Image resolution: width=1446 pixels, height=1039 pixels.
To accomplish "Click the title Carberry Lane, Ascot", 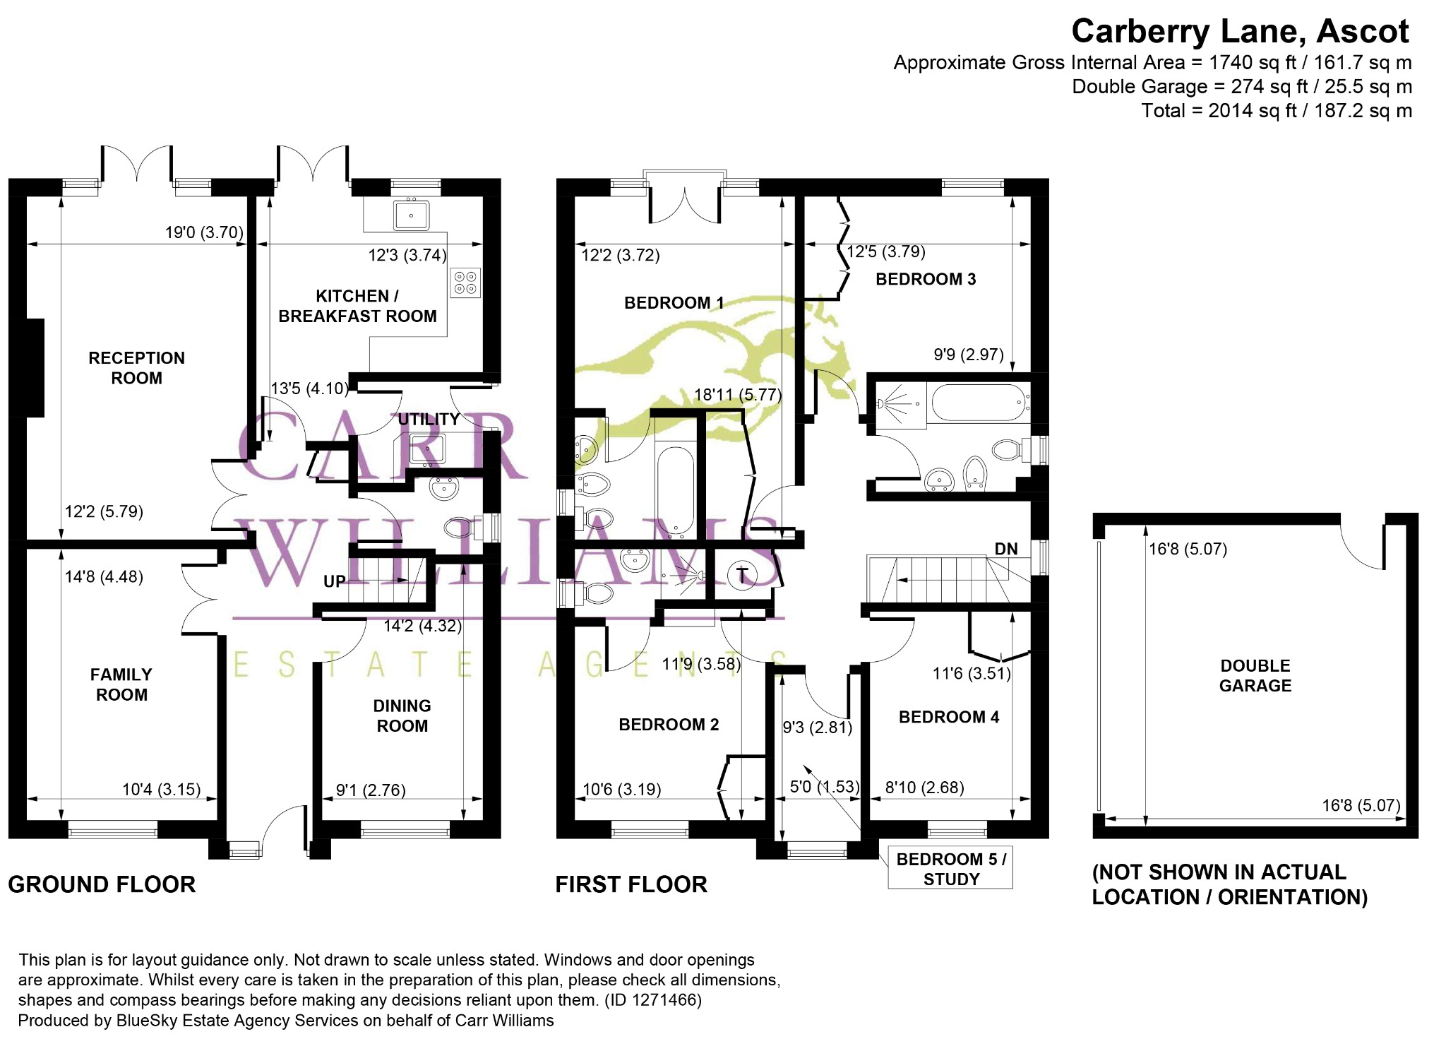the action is click(1241, 31).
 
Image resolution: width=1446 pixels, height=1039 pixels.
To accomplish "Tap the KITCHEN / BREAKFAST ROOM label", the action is click(357, 306).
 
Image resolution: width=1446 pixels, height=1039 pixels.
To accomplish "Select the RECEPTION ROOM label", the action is click(136, 368).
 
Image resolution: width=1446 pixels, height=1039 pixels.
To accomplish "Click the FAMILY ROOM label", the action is click(121, 684).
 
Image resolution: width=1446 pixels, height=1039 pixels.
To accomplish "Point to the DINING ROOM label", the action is click(402, 716).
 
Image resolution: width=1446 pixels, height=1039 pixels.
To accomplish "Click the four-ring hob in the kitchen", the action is click(465, 283).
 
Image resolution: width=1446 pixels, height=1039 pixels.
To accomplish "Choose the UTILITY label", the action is click(429, 420).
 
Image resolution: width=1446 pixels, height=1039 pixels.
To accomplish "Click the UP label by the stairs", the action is click(334, 581).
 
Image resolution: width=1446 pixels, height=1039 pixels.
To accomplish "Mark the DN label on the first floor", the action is click(1006, 549).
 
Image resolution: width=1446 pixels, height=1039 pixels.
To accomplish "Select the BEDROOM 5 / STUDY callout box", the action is click(950, 868).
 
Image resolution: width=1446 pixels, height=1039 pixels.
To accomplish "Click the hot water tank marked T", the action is click(742, 575).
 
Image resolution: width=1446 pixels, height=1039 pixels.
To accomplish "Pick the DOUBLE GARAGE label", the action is click(1255, 675).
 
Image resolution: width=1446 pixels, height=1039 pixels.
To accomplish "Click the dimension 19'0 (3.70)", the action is click(204, 232).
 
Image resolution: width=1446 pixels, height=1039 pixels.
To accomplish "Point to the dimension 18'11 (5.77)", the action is click(738, 394).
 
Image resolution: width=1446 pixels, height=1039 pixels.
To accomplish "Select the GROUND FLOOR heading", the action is click(102, 884).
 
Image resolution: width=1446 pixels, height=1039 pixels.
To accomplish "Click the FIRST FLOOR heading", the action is click(631, 884).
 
